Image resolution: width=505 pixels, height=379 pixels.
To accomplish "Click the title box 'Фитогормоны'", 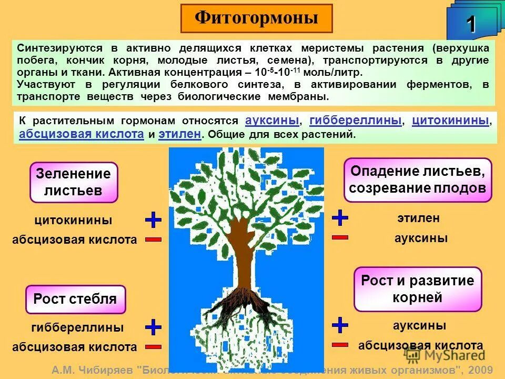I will pos(256,18).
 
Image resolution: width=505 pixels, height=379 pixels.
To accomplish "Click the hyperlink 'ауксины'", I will pos(272,119).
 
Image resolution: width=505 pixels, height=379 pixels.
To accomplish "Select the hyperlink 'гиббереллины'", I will pos(355,119).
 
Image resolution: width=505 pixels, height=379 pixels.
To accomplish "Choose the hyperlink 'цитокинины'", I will pos(450,119).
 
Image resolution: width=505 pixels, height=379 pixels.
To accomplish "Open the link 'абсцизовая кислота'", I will pos(82,134).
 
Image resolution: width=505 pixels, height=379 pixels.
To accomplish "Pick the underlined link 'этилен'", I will pos(179,134).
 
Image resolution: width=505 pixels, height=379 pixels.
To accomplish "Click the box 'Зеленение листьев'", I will pos(74,182).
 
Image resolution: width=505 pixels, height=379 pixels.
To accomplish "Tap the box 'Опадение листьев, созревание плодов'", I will pos(418,179).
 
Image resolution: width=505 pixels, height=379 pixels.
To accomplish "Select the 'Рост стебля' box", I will pos(75,300).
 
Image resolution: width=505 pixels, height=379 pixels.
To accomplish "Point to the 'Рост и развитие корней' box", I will pos(418,289).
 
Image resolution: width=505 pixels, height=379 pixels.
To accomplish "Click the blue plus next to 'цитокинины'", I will pos(153,220).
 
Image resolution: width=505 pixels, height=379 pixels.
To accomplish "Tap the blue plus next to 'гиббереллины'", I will pos(153,327).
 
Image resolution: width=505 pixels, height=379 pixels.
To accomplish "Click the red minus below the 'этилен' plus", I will pos(340,237).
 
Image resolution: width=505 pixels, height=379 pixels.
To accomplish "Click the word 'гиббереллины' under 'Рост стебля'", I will pos(77,327).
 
